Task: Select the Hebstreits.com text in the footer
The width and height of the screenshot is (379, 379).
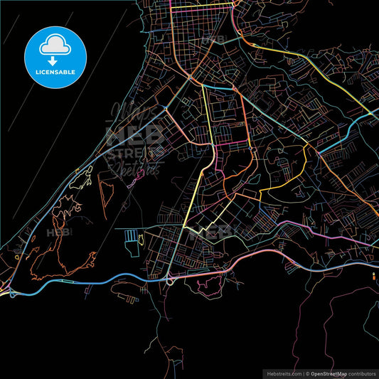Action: click(x=283, y=373)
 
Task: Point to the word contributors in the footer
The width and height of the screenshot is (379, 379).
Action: click(x=359, y=373)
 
